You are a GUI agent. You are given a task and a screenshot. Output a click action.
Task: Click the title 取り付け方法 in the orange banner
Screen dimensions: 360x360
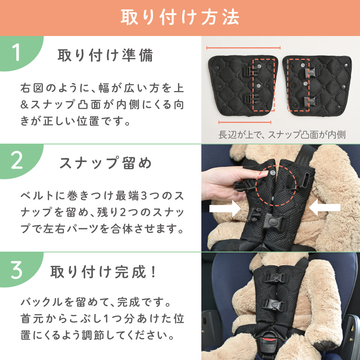coord(180,17)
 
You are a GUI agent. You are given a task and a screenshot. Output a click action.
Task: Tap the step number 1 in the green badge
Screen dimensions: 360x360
coord(16,52)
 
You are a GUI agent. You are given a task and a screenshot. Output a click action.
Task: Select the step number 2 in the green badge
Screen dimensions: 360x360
coord(17,161)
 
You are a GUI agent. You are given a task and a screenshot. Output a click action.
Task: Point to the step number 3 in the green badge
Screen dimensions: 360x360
coord(17,270)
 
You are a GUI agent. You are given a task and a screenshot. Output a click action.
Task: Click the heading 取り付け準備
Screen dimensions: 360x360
coord(105,55)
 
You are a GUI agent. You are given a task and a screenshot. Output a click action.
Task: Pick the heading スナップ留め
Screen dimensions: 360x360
coord(105,163)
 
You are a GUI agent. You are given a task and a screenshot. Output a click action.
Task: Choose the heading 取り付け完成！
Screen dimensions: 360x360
coord(103,272)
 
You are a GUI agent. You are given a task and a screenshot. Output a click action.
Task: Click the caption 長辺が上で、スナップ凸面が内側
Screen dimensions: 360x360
coord(282,135)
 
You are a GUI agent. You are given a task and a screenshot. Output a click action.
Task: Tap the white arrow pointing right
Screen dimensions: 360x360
coord(225,208)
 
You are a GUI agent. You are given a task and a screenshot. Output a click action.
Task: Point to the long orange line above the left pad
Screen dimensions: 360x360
coord(243,48)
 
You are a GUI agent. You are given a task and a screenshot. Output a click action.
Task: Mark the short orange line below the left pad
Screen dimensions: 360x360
coord(245,122)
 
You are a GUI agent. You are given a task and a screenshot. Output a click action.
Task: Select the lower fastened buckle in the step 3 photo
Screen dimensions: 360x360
coord(274,305)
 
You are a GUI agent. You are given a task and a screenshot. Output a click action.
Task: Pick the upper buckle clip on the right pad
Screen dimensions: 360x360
coord(309,72)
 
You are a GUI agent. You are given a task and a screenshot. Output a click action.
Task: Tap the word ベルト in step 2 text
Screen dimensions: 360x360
coord(37,196)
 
